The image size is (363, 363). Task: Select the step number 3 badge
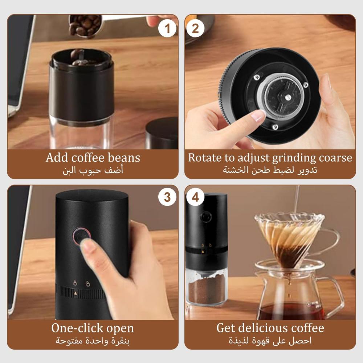[167, 197]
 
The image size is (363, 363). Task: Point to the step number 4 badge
[195, 197]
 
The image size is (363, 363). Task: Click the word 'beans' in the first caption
[124, 158]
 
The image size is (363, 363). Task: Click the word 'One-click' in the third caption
[72, 328]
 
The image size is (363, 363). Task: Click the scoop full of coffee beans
[85, 26]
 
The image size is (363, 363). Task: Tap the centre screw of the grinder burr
[288, 97]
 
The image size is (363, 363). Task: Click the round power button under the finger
[81, 236]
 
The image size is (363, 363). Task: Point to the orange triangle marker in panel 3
[76, 293]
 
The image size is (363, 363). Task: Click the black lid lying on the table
[162, 133]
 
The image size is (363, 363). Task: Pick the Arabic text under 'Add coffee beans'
[93, 171]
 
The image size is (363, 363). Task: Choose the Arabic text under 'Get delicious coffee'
[270, 340]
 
